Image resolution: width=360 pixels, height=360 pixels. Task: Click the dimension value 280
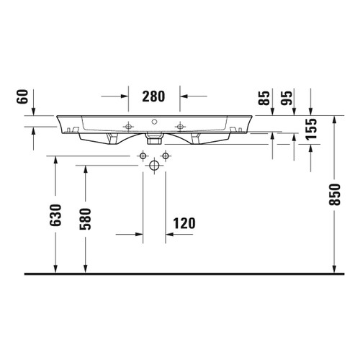click(x=154, y=96)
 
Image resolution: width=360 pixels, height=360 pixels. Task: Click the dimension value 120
click(x=184, y=223)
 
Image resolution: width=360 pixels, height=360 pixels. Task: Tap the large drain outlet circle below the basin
click(x=154, y=166)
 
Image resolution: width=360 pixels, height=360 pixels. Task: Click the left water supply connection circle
click(x=143, y=156)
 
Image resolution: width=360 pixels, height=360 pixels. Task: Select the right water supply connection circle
click(x=165, y=156)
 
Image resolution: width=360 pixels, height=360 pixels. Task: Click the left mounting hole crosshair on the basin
click(x=129, y=126)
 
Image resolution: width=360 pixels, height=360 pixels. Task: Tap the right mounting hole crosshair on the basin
click(x=179, y=126)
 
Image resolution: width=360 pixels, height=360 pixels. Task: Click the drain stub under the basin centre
click(x=154, y=135)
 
